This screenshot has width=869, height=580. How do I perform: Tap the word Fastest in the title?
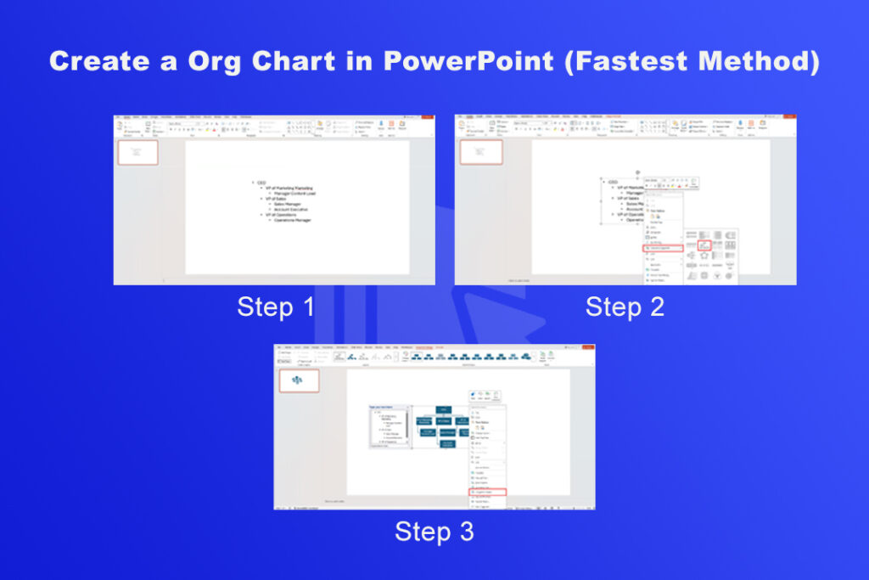tap(626, 61)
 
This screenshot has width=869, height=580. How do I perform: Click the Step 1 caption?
tap(276, 307)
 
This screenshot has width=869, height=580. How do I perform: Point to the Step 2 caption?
tap(625, 307)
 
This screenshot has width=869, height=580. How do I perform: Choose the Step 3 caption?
tap(434, 532)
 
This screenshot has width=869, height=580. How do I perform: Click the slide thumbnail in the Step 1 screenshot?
tap(137, 152)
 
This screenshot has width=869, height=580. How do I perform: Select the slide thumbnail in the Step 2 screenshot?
tap(481, 152)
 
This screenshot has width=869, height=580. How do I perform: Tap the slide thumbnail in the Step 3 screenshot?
tap(300, 381)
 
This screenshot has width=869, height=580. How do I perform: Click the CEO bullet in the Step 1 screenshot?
tap(261, 183)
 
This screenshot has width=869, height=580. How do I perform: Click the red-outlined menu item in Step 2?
tap(663, 248)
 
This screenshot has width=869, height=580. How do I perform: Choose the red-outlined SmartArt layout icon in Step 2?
tap(704, 245)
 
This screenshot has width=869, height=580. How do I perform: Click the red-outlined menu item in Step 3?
tap(487, 492)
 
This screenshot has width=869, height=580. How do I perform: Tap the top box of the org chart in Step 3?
tap(444, 409)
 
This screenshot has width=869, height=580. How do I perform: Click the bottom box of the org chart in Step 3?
tap(446, 443)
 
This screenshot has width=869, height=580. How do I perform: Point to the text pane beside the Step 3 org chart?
tap(388, 425)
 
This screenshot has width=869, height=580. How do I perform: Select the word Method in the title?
tap(764, 61)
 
